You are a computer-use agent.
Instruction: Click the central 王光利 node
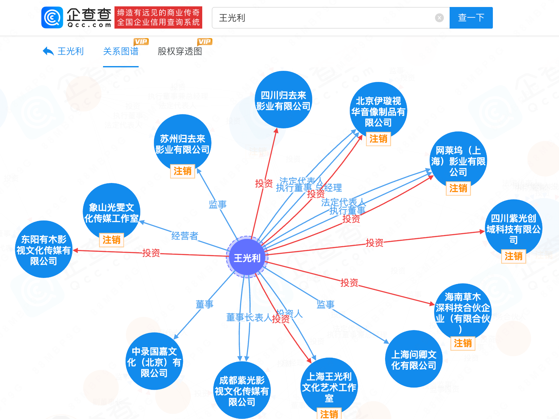point(247,257)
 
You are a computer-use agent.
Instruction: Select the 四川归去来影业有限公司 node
point(283,100)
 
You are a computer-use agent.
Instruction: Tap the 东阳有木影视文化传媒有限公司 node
point(44,250)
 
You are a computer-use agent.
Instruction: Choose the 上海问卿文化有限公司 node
point(413,360)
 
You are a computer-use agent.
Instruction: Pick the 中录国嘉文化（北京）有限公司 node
point(154,362)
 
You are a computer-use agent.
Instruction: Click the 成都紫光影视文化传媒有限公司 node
point(242,391)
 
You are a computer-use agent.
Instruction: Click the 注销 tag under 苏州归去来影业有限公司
point(183,171)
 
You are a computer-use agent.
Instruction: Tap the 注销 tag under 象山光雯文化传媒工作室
point(111,240)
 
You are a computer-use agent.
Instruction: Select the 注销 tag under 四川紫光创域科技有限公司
point(513,256)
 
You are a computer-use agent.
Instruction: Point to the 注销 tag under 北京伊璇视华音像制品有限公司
point(378,139)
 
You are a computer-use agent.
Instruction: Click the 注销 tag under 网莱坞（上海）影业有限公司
point(458,188)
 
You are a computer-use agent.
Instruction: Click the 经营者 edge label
point(185,236)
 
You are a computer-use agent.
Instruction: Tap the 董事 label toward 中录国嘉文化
point(204,304)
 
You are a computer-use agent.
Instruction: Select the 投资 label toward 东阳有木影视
point(151,253)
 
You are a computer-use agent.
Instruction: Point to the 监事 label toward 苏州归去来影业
point(217,204)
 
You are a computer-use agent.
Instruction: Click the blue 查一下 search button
point(471,18)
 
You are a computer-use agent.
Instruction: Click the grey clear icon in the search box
point(439,18)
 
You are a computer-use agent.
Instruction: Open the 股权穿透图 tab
point(180,51)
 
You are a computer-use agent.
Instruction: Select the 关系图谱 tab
point(121,51)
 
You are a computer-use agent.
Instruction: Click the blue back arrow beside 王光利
point(48,51)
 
